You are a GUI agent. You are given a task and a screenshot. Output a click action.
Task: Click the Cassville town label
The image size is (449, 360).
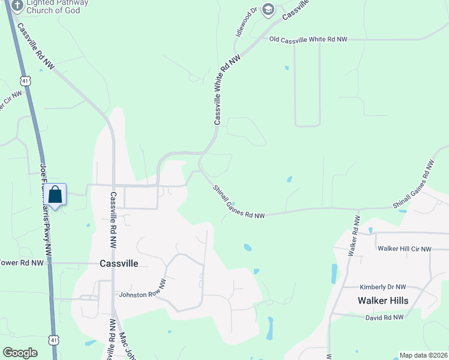click(x=118, y=263)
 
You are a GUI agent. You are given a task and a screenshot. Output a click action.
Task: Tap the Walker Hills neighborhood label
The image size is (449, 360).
click(x=383, y=301)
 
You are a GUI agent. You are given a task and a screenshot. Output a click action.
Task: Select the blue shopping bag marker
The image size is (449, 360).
click(x=55, y=196)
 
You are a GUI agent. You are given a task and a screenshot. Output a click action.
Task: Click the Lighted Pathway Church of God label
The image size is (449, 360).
click(x=57, y=7)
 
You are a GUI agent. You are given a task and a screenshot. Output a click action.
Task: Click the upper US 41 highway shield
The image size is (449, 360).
click(x=25, y=80)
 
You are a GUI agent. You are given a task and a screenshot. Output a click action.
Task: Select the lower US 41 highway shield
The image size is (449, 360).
click(x=54, y=340)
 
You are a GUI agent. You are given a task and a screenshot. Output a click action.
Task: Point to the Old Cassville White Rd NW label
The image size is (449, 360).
click(x=308, y=39)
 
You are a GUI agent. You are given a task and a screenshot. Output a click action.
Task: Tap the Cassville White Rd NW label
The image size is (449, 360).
click(x=227, y=89)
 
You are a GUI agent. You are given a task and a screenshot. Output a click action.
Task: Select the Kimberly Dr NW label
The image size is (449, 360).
click(x=383, y=287)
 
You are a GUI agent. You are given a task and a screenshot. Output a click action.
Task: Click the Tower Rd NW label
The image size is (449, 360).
click(x=22, y=262)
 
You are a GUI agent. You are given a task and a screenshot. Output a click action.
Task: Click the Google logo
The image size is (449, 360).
click(x=20, y=352)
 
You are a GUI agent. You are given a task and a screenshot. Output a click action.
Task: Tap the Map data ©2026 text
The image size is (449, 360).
click(x=423, y=355)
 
